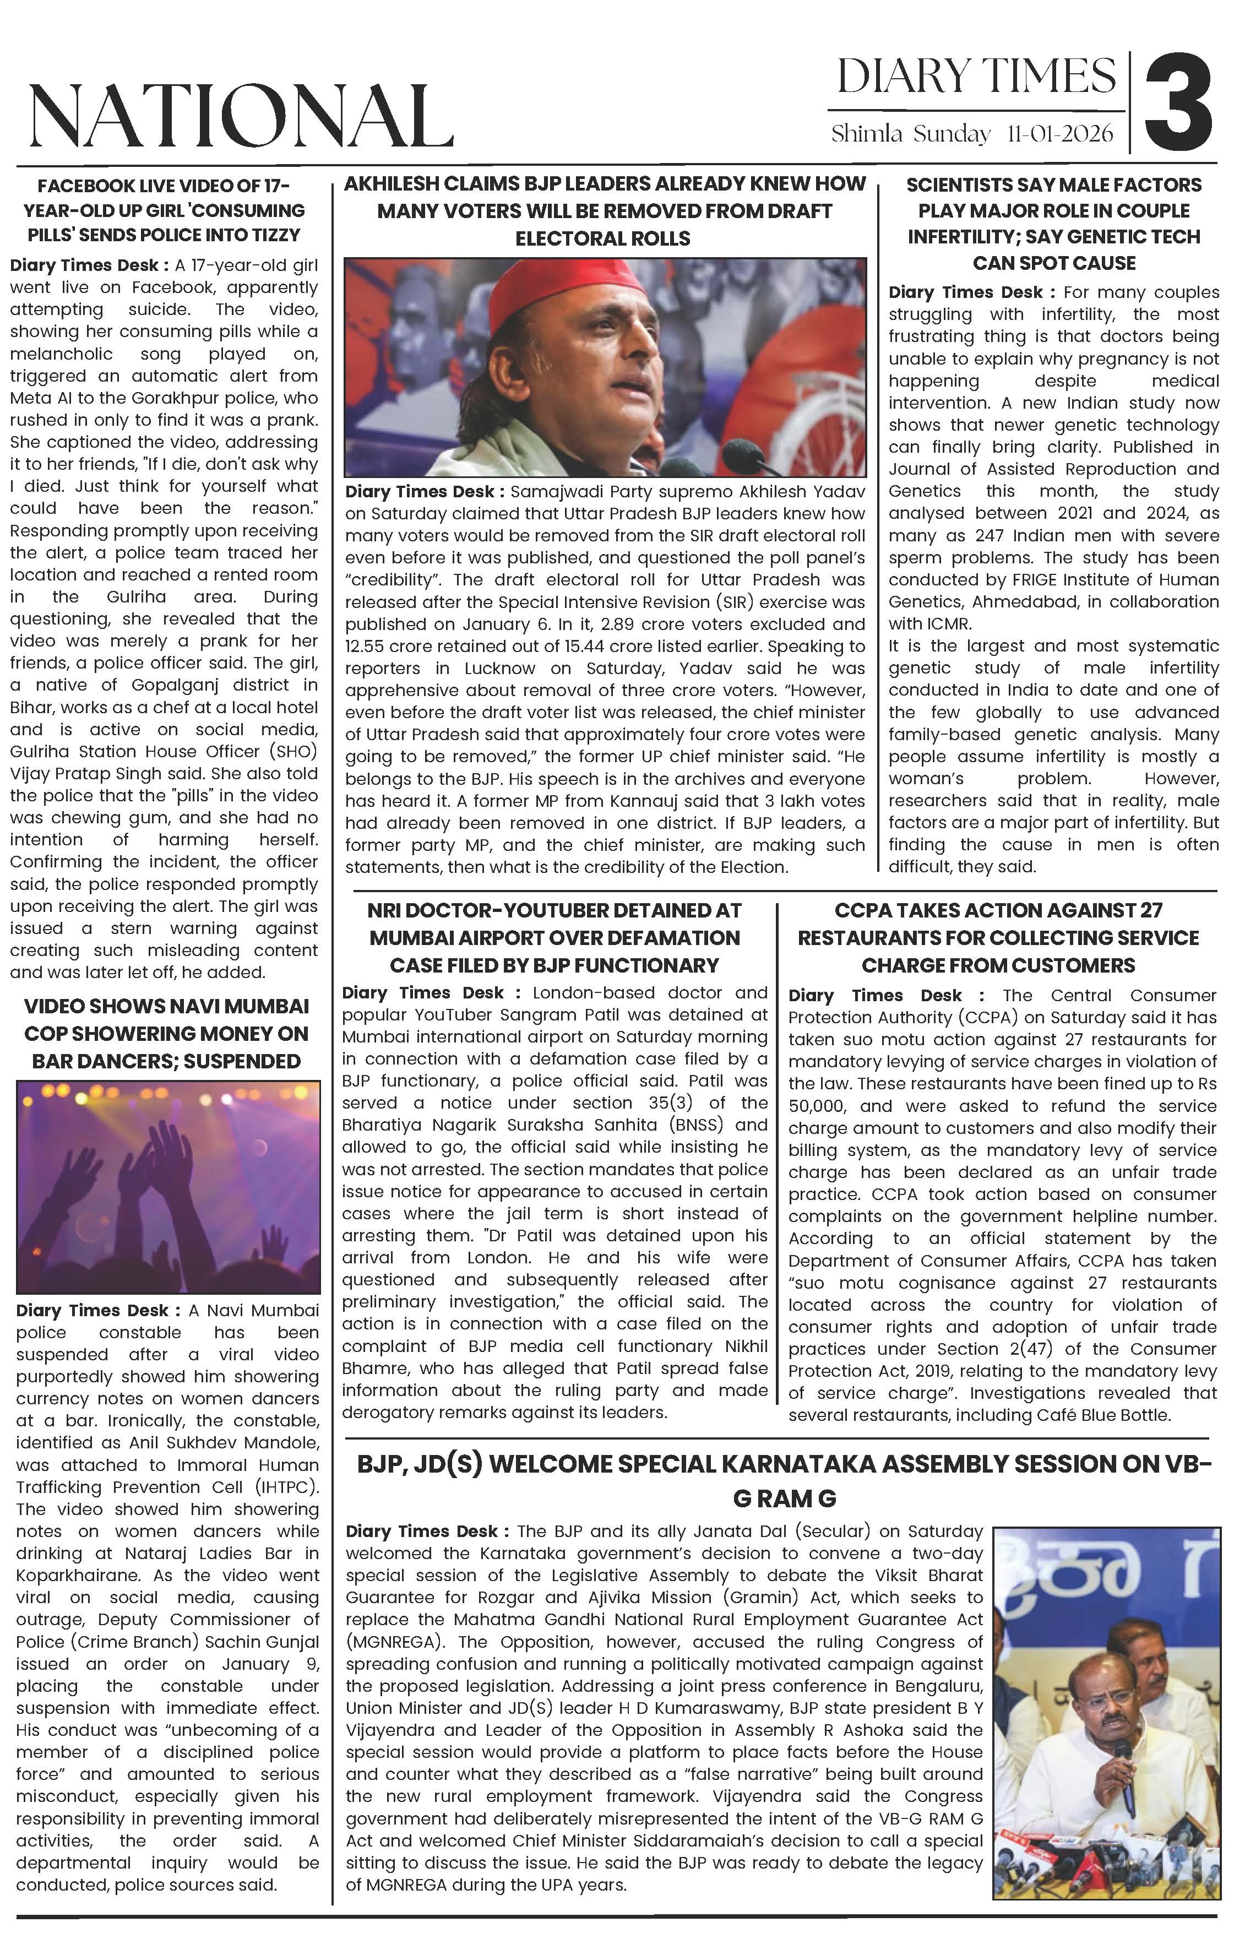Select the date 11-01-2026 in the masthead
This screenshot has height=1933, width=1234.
1060,133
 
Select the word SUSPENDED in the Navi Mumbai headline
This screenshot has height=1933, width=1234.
242,1061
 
